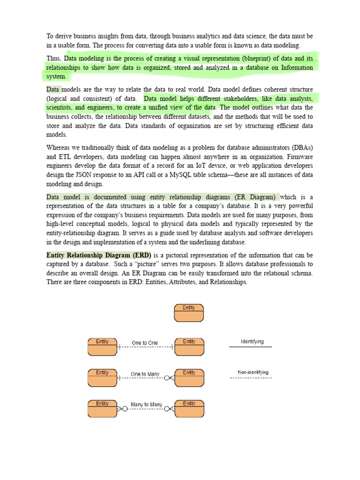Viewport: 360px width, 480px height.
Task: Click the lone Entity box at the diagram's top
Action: click(x=189, y=313)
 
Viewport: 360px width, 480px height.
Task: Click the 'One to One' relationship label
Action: click(x=145, y=343)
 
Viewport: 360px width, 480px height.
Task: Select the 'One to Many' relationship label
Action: click(x=145, y=374)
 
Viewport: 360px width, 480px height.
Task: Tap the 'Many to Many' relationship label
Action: click(x=146, y=405)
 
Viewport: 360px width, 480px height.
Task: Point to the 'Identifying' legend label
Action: click(x=252, y=341)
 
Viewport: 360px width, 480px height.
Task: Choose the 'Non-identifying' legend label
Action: click(x=253, y=372)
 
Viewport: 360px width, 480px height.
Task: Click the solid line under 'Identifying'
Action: click(x=250, y=347)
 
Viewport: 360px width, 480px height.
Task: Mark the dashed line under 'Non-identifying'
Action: click(x=250, y=378)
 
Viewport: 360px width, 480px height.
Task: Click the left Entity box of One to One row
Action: click(x=102, y=347)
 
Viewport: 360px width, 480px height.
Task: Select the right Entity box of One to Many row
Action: click(x=189, y=378)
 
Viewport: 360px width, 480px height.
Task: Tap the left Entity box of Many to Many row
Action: click(x=102, y=409)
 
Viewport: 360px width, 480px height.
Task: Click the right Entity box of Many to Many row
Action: click(x=189, y=409)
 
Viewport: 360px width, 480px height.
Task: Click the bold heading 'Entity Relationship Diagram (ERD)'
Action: click(x=96, y=255)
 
